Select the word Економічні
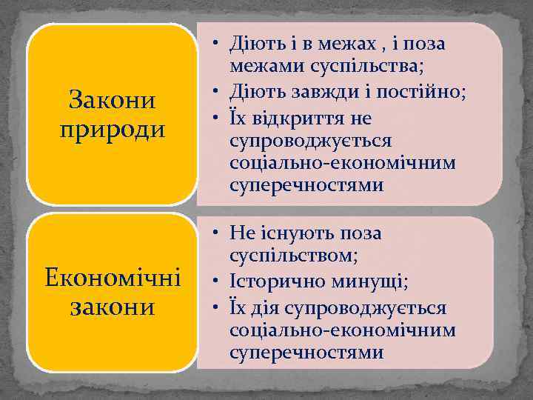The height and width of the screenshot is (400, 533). pyautogui.click(x=112, y=279)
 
